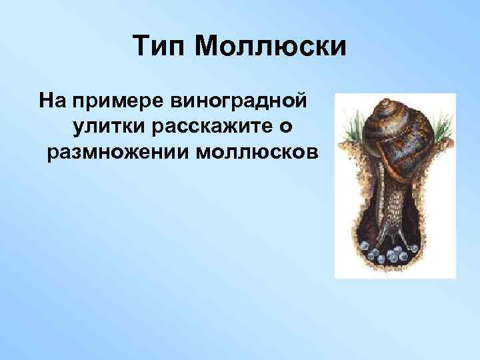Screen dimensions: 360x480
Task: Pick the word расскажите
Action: (x=218, y=127)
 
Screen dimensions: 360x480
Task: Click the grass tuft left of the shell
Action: (x=353, y=127)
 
